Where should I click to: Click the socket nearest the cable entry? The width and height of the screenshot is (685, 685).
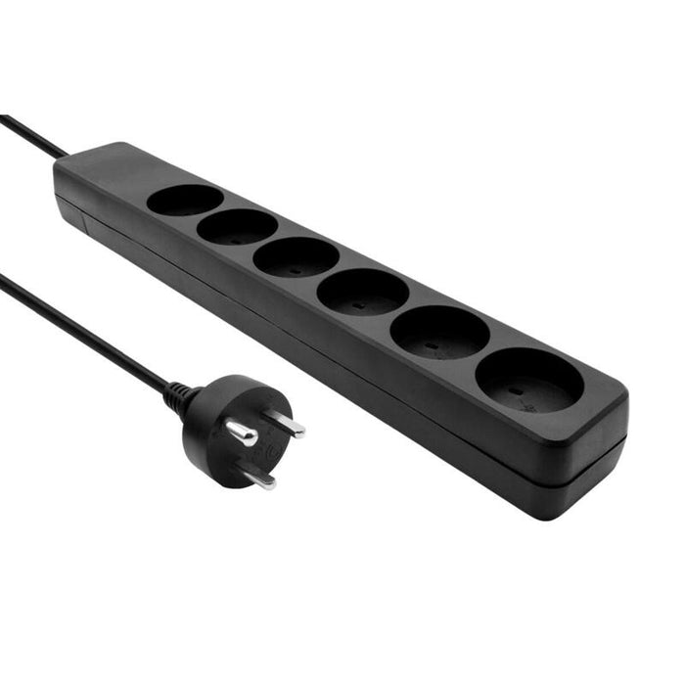pos(185,200)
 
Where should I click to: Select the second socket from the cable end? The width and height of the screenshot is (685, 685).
pos(237,227)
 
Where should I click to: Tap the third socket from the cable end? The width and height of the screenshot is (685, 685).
pos(296,257)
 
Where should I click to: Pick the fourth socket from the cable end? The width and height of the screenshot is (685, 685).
pos(363,292)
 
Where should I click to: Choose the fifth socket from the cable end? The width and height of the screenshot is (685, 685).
pos(439,333)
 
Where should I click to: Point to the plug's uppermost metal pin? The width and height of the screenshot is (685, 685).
pos(287,424)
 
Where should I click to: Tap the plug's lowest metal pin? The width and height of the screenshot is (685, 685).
pos(259,478)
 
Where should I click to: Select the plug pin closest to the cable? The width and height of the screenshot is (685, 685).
pos(241,432)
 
